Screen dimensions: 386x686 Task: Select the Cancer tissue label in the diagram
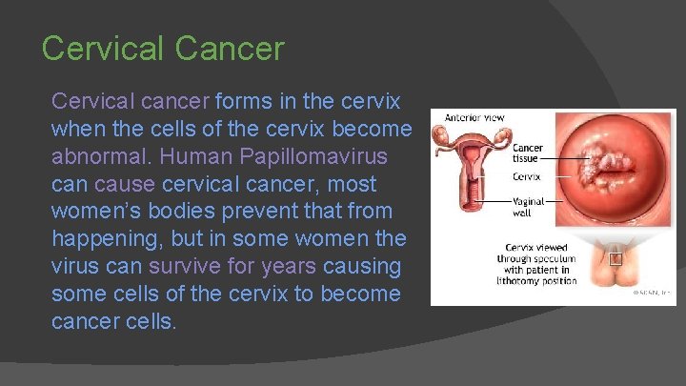pos(528,154)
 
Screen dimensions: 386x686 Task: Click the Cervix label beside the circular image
pos(526,176)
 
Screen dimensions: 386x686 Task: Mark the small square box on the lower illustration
pos(615,257)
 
